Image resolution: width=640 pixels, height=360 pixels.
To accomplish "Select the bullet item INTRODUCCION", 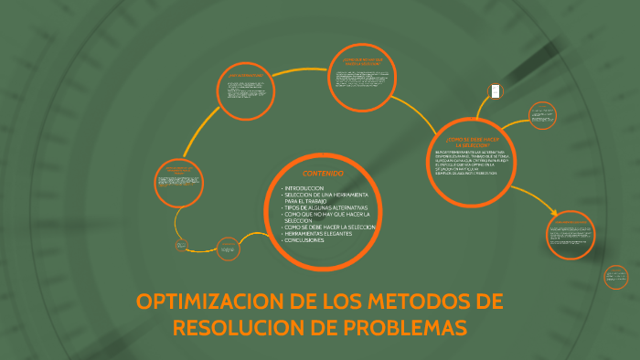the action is coord(305,187).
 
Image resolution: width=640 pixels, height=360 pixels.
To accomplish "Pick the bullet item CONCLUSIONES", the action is coord(305,240).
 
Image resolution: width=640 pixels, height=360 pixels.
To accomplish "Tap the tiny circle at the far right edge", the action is coord(616,276).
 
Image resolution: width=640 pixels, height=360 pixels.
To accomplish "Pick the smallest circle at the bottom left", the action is coord(182,246).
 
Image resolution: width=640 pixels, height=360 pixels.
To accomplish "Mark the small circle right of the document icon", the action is coord(541,116).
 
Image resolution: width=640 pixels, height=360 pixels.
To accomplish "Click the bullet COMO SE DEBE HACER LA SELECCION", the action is coord(330,227).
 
